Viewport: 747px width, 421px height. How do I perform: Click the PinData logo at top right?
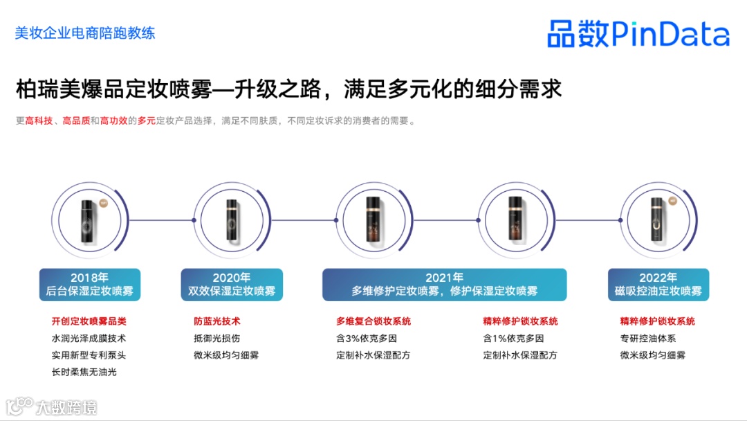tap(638, 33)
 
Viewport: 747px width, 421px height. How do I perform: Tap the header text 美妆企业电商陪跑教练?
tap(85, 33)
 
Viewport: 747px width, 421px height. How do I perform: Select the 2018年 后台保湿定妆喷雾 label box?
tap(90, 285)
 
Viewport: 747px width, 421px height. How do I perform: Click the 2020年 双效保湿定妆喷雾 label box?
tap(232, 285)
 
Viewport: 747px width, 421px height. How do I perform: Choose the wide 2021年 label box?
tap(444, 285)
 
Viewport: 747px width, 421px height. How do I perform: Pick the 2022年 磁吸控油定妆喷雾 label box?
tap(658, 285)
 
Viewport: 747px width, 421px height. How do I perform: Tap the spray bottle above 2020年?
tap(232, 220)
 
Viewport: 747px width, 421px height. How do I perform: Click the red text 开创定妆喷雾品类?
tap(89, 321)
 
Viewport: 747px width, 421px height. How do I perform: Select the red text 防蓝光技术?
tap(217, 321)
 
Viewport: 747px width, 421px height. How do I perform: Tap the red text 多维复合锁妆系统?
tap(373, 321)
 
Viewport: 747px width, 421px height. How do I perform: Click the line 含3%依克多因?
tap(367, 339)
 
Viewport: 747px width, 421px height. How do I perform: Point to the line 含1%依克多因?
tap(513, 339)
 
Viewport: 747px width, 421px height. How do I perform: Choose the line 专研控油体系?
tap(648, 339)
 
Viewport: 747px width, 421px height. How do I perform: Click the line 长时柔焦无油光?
tap(84, 372)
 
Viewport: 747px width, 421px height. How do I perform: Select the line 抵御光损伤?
tap(217, 339)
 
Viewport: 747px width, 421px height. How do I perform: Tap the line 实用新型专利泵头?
tap(89, 355)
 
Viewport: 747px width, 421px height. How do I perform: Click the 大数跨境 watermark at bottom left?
tap(52, 406)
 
